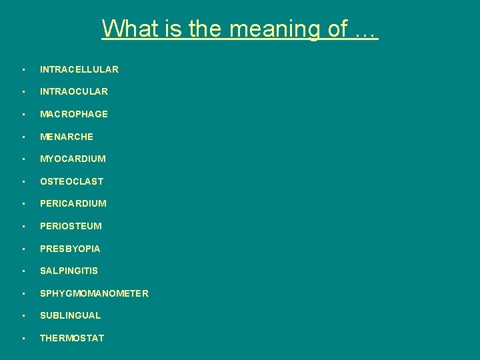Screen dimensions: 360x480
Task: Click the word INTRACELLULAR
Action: [79, 69]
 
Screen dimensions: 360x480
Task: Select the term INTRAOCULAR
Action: [73, 91]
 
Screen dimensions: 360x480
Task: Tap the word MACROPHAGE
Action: [73, 114]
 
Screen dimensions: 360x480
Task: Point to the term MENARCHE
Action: [67, 137]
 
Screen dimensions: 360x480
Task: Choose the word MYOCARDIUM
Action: [73, 159]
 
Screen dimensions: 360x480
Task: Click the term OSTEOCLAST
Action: [71, 181]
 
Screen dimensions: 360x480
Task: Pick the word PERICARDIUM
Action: [73, 203]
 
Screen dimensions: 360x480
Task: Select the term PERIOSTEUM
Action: [71, 226]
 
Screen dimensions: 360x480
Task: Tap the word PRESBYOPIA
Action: [70, 249]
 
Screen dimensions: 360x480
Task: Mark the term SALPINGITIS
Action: [69, 271]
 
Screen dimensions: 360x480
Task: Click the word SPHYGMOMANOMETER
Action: [94, 293]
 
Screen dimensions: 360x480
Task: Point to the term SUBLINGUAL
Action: [70, 315]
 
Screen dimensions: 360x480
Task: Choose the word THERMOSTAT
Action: [72, 338]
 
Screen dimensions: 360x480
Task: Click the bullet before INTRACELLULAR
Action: [23, 69]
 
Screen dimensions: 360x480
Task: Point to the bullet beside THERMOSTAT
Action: [23, 339]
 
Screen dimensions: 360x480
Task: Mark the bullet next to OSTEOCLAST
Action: [23, 182]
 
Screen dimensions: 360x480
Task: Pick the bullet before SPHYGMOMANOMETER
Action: [23, 294]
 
